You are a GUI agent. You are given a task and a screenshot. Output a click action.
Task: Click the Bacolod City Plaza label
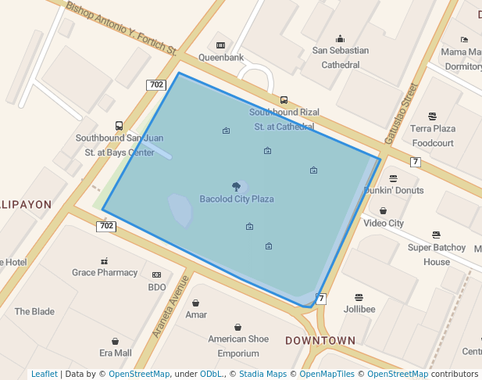click(x=237, y=199)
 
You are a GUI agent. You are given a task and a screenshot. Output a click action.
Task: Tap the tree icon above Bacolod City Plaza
click(x=237, y=187)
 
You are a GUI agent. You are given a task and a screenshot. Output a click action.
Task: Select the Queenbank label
click(x=221, y=58)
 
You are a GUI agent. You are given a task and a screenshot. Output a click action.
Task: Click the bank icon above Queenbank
click(x=221, y=45)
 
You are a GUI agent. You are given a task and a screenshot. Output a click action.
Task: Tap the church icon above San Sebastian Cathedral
click(x=340, y=38)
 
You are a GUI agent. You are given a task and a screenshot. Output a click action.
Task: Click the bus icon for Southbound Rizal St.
click(x=284, y=100)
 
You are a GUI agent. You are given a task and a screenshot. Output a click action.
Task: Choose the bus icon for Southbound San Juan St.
click(x=119, y=125)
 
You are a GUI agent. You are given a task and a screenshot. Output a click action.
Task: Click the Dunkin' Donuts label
click(x=394, y=190)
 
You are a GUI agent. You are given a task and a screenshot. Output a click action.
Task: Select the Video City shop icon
click(x=383, y=210)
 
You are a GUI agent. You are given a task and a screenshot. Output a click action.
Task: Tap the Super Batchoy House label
click(x=437, y=255)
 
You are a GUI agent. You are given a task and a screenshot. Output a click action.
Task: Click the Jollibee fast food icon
click(x=359, y=297)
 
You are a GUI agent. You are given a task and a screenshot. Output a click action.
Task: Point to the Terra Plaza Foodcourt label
click(x=433, y=135)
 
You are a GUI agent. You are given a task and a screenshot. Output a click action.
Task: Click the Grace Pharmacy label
click(x=105, y=273)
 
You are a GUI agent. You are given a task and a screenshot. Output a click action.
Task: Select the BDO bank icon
click(x=156, y=275)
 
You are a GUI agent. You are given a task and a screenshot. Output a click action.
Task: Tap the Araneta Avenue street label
click(x=171, y=306)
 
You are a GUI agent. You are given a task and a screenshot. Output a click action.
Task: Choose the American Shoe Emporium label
click(x=238, y=346)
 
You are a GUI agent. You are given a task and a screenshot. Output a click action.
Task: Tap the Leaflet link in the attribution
click(x=44, y=374)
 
